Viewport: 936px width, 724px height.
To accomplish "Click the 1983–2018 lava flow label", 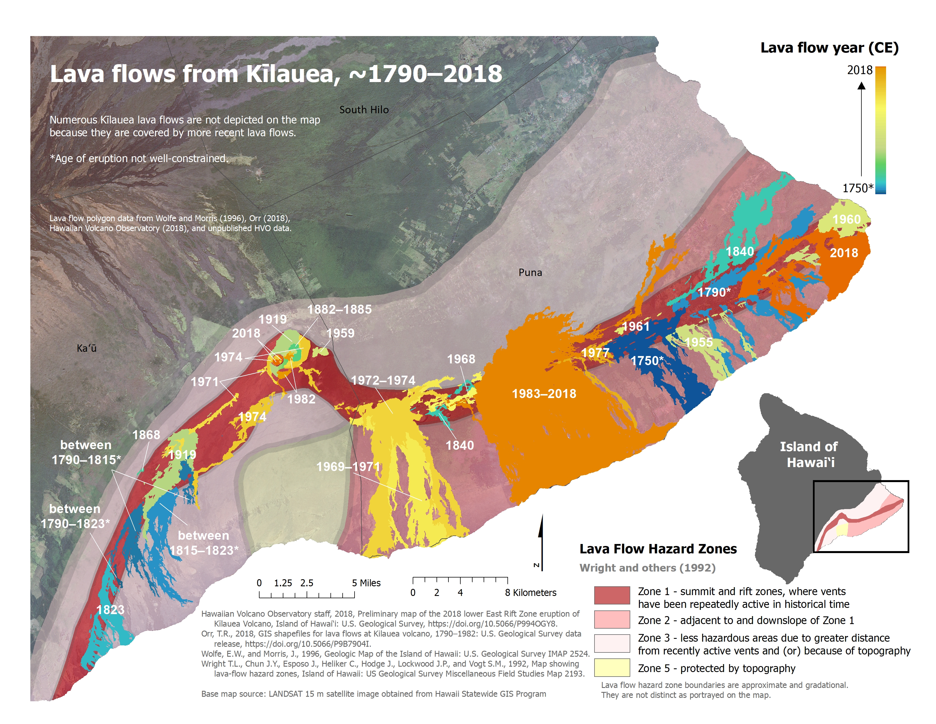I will tap(544, 394).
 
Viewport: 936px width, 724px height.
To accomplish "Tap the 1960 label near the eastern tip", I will tap(846, 219).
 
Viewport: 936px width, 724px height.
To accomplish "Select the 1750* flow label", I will tap(647, 361).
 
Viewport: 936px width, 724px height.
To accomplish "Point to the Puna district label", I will tap(530, 272).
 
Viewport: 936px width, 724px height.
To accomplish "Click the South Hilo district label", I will tap(364, 110).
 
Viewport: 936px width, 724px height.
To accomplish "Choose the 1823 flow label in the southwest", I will tap(110, 610).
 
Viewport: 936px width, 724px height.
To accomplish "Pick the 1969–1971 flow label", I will tap(348, 467).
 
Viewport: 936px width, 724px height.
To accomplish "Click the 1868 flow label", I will tap(146, 435).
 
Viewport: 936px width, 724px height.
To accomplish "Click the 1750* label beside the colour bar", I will tap(857, 188).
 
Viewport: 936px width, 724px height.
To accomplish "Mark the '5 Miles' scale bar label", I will tap(366, 583).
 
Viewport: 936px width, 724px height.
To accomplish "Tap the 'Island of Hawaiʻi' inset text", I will tap(809, 455).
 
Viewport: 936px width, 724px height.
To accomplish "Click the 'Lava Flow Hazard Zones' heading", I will tap(658, 549).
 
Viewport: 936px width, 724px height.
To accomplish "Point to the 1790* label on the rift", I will tap(714, 292).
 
